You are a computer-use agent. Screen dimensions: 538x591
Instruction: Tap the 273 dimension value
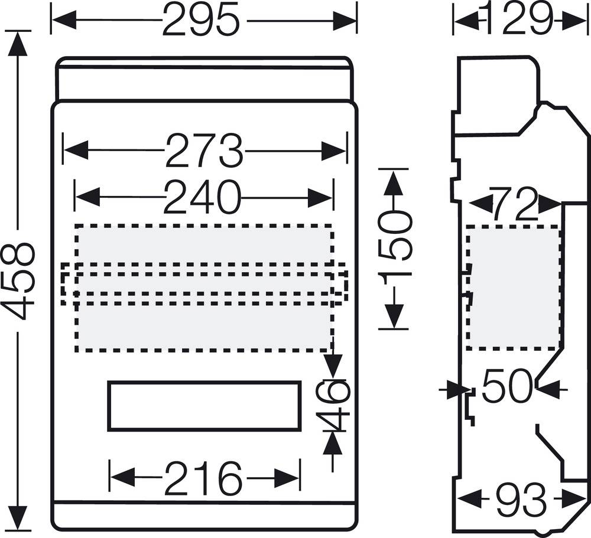[204, 151]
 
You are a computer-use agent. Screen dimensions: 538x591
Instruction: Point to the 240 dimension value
[203, 197]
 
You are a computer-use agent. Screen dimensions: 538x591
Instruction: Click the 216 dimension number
[203, 478]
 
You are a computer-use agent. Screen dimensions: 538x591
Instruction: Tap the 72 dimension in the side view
[514, 204]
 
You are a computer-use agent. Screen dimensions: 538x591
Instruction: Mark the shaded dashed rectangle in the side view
[514, 288]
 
